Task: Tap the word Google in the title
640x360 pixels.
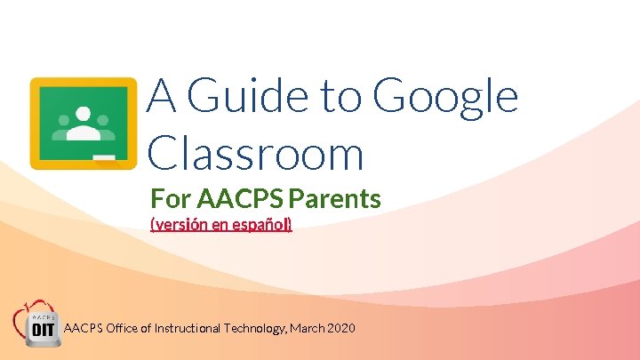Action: (x=445, y=98)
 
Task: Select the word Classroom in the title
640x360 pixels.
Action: (x=256, y=154)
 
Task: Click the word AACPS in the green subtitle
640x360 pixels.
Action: (x=234, y=197)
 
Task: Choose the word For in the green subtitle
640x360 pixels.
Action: (x=171, y=197)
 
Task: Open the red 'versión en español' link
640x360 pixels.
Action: (x=221, y=225)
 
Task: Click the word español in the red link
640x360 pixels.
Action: (x=262, y=225)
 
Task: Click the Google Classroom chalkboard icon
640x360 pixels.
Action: (x=84, y=123)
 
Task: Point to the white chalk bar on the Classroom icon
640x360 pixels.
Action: (x=105, y=158)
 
